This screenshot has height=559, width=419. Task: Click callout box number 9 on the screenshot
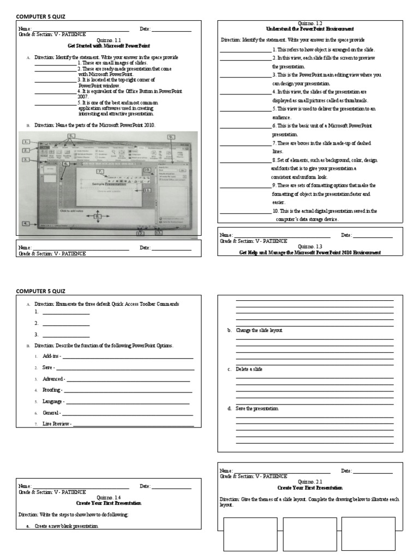pyautogui.click(x=171, y=136)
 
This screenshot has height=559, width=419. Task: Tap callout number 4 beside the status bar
pyautogui.click(x=25, y=223)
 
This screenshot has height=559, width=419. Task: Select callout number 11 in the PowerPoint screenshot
pyautogui.click(x=147, y=190)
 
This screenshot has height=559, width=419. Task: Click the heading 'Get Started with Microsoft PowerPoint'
pyautogui.click(x=109, y=46)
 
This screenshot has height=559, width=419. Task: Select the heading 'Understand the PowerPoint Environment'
pyautogui.click(x=309, y=28)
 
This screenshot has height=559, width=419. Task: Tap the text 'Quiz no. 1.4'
pyautogui.click(x=109, y=497)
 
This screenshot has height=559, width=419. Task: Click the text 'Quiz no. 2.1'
pyautogui.click(x=310, y=482)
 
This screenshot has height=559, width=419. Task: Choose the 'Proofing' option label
pyautogui.click(x=52, y=390)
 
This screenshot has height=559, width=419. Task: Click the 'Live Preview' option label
pyautogui.click(x=56, y=424)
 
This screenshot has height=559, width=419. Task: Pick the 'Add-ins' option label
pyautogui.click(x=51, y=356)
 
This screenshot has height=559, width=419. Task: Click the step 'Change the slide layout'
pyautogui.click(x=259, y=331)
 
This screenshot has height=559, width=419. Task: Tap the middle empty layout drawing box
pyautogui.click(x=309, y=534)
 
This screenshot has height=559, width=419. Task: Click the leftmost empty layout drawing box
pyautogui.click(x=250, y=534)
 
